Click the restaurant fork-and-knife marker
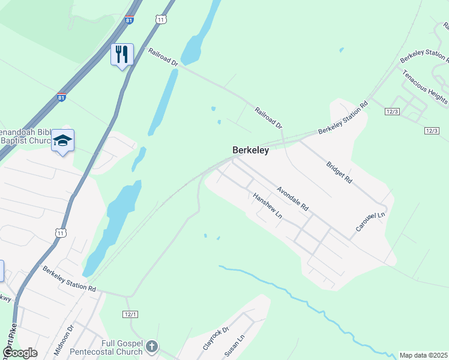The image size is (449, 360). pyautogui.click(x=122, y=55)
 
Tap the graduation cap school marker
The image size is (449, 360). pyautogui.click(x=63, y=140)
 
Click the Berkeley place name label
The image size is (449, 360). pyautogui.click(x=250, y=151)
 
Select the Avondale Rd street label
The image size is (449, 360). pyautogui.click(x=292, y=198)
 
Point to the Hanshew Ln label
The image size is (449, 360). pyautogui.click(x=268, y=206)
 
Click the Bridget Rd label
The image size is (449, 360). pyautogui.click(x=339, y=172)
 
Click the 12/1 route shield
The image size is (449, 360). pyautogui.click(x=131, y=314)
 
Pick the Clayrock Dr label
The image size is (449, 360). pyautogui.click(x=216, y=338)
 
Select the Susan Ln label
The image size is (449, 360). pyautogui.click(x=234, y=347)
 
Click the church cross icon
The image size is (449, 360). pyautogui.click(x=152, y=346)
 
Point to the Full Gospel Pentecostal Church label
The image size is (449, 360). pyautogui.click(x=106, y=347)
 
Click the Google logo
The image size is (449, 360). pyautogui.click(x=20, y=353)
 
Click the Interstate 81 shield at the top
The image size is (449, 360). pyautogui.click(x=129, y=20)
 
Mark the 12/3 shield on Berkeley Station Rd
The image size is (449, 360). pyautogui.click(x=393, y=112)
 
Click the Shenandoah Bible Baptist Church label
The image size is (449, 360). pyautogui.click(x=27, y=136)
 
